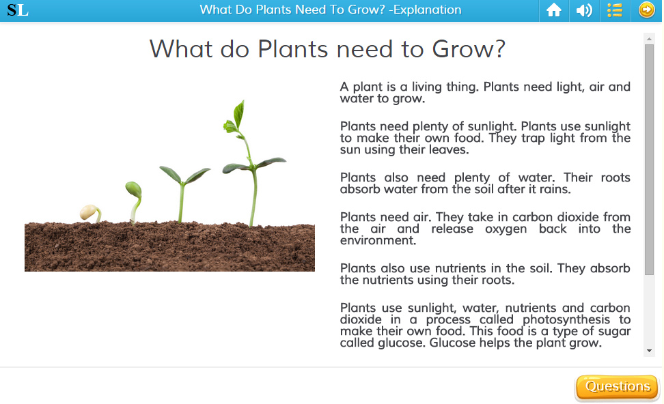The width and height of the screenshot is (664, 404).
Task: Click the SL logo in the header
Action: point(18,10)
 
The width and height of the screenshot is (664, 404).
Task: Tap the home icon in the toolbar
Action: point(554,10)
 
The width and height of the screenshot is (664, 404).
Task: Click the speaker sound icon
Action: point(584,10)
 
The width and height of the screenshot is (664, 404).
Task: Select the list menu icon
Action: point(614,10)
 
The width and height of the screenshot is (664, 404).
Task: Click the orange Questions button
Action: point(617,387)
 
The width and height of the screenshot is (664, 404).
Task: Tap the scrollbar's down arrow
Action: point(649,351)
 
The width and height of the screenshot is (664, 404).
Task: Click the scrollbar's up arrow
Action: point(649,39)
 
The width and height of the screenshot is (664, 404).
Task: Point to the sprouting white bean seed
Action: point(89,212)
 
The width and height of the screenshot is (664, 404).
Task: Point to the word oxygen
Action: point(506,229)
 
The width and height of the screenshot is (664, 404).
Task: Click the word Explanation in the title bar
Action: point(427,10)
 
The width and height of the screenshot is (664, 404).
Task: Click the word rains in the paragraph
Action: point(555,189)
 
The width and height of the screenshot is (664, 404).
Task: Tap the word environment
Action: point(378,240)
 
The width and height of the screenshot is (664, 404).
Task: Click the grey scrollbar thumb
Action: point(649,160)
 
